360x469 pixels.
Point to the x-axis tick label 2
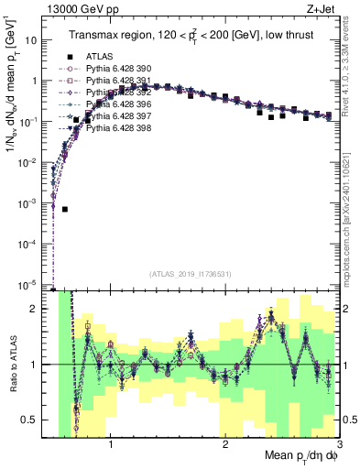click(x=225, y=447)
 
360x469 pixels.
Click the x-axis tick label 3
click(x=338, y=447)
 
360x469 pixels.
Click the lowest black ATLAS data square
click(x=65, y=209)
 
